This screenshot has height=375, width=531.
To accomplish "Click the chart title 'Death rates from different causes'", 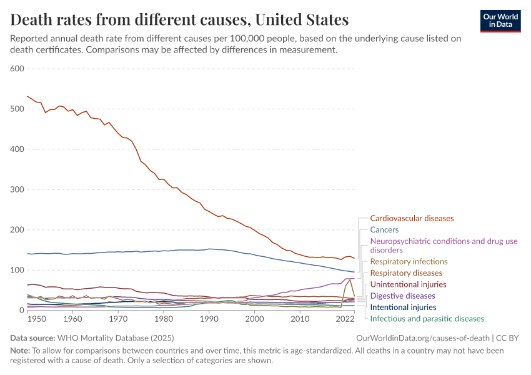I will point(180,20).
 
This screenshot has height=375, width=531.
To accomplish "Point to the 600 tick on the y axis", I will point(17,68).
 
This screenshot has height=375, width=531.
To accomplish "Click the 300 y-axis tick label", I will point(17,189).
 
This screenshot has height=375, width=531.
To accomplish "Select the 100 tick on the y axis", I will point(17,270).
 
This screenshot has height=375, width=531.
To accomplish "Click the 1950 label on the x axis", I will point(37,319).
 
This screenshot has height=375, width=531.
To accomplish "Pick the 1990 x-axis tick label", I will point(209,319).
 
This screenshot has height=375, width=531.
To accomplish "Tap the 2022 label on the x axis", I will point(345,319).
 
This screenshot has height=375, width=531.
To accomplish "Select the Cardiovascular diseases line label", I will point(412,219).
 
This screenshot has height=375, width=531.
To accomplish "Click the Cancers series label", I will point(384,230).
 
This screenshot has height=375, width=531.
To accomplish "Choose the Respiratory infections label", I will point(409,261).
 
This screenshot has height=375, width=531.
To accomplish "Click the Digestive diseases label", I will point(402,296).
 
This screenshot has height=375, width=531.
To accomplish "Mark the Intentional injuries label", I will point(403,307).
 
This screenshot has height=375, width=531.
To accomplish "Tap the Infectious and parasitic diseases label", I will point(427,319).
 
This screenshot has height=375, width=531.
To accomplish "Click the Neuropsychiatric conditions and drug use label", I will point(444,241).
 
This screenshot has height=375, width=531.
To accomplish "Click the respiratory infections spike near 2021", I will point(350,279).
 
